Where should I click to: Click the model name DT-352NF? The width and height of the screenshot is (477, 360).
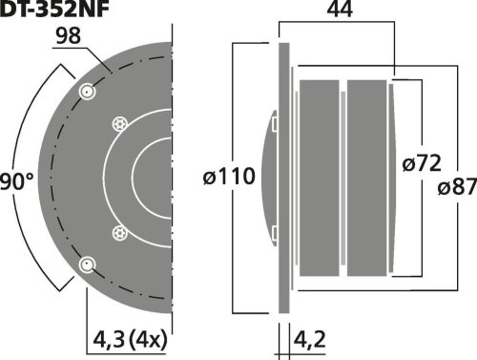pos(54,9)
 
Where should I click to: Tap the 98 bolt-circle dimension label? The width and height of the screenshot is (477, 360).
pos(69,36)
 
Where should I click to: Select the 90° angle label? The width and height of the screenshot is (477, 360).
pos(16,181)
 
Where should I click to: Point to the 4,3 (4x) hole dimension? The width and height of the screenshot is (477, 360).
pos(130,340)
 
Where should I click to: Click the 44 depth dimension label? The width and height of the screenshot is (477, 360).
pos(340,10)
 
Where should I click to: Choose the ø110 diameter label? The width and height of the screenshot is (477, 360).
pos(229,177)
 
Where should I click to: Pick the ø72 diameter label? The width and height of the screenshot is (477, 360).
pos(422,163)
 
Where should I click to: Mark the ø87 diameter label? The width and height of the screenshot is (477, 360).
pos(457,186)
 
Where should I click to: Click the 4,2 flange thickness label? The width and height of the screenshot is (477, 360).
pos(309,340)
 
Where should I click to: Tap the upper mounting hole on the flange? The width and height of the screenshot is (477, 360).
pos(87,92)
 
